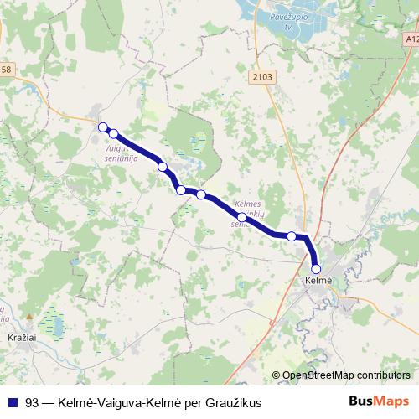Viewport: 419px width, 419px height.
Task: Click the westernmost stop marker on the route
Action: (103, 127)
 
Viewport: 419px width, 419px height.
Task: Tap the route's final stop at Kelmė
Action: (316, 269)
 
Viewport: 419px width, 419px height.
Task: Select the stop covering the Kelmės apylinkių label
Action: (242, 217)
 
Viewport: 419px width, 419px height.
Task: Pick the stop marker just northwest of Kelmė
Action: (292, 236)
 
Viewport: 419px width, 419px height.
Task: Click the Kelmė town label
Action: (318, 279)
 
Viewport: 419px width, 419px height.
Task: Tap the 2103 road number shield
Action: (261, 77)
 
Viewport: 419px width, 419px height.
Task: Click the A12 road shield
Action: (410, 39)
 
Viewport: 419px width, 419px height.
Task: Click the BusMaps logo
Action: (379, 401)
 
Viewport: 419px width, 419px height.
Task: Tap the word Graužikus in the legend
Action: (232, 403)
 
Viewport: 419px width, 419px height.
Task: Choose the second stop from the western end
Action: (113, 133)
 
